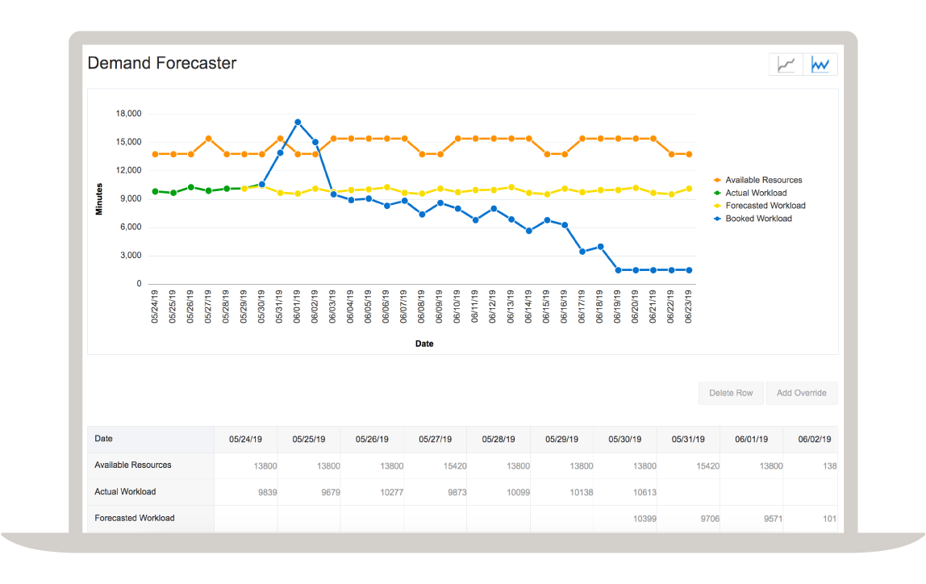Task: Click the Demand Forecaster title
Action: [161, 63]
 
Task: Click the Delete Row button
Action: [731, 393]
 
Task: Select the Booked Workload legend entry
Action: [758, 219]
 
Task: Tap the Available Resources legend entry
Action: [763, 180]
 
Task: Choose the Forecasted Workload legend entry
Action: [765, 206]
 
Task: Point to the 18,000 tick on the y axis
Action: [129, 114]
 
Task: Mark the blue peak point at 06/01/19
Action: [298, 122]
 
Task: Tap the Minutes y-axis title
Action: [99, 199]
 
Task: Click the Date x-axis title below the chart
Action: [424, 344]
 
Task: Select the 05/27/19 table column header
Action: [436, 440]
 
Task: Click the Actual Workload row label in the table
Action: [125, 492]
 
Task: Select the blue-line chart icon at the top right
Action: [820, 65]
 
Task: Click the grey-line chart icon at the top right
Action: [786, 65]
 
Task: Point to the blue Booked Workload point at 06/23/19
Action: [689, 270]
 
